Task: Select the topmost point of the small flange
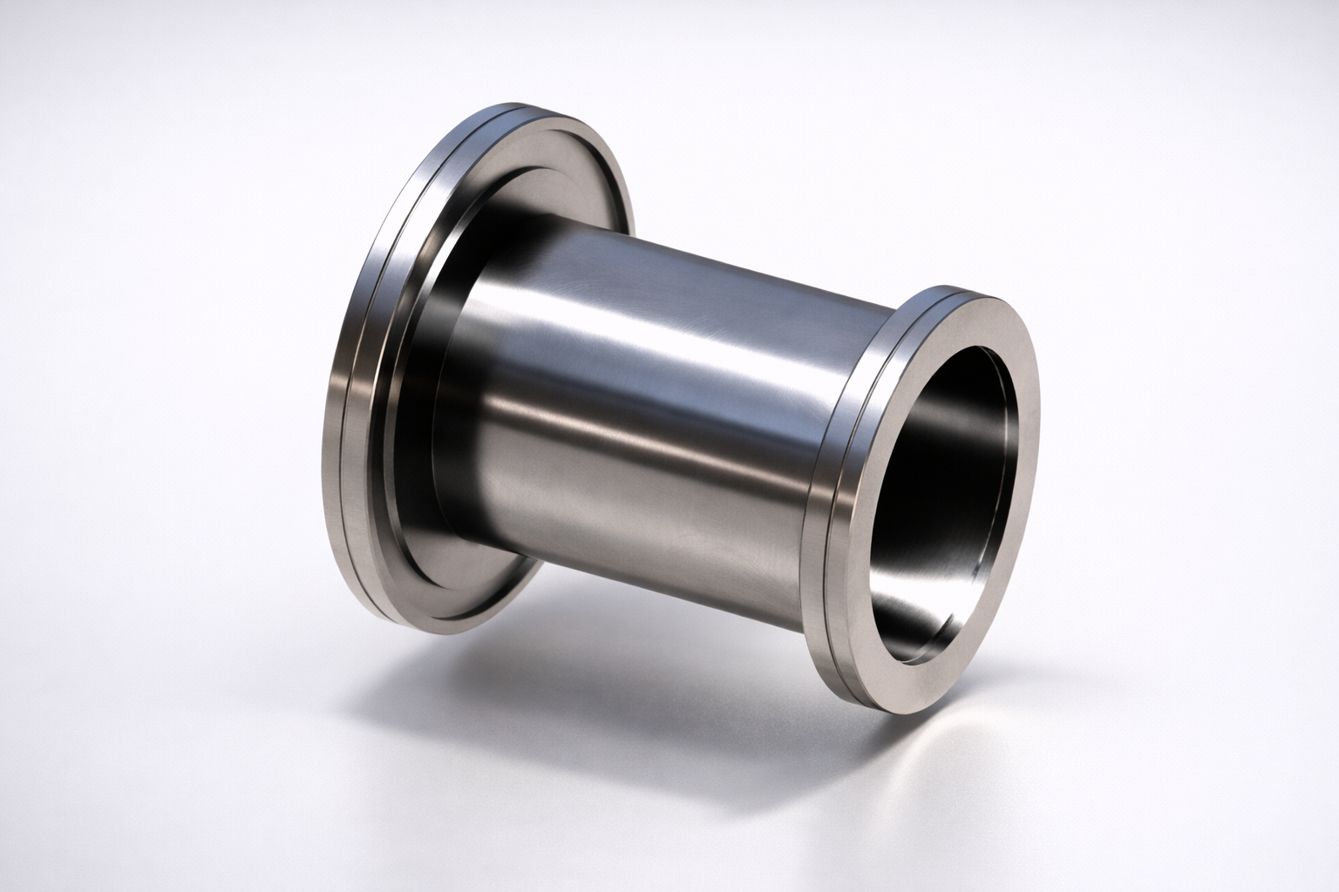coord(959,287)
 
